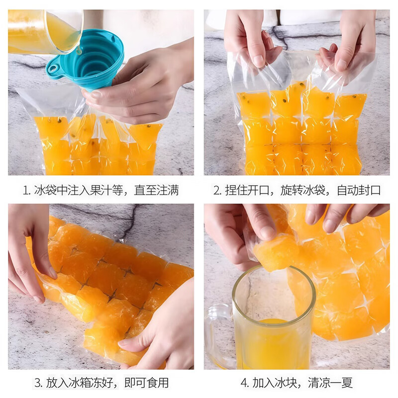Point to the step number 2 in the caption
tap(217, 191)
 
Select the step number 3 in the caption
tap(37, 383)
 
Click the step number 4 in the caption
tap(244, 383)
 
